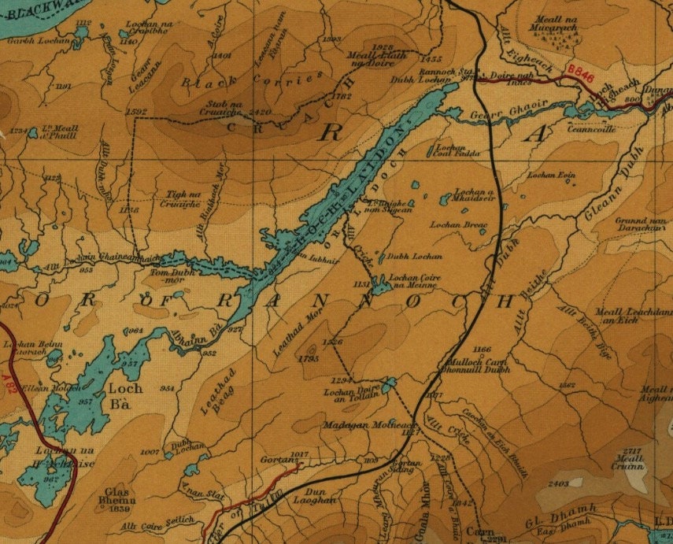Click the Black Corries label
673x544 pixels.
pyautogui.click(x=253, y=81)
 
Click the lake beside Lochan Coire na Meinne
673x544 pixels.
pyautogui.click(x=379, y=283)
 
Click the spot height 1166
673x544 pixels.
pyautogui.click(x=483, y=348)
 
